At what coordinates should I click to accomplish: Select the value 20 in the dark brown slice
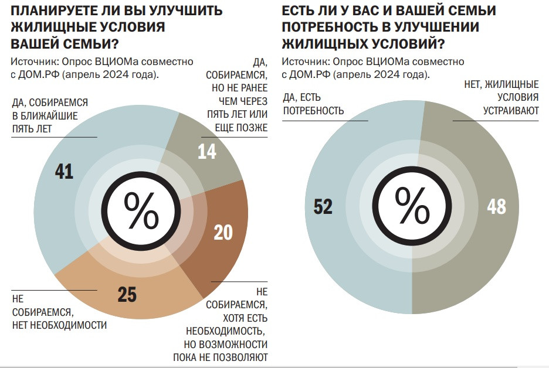pyautogui.click(x=223, y=233)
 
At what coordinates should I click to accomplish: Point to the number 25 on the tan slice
pyautogui.click(x=127, y=295)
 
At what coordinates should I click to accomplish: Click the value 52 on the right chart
pyautogui.click(x=323, y=207)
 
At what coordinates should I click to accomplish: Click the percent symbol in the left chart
pyautogui.click(x=141, y=211)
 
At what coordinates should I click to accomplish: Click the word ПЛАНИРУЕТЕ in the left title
pyautogui.click(x=57, y=11)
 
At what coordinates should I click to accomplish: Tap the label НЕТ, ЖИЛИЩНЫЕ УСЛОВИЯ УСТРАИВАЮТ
pyautogui.click(x=501, y=97)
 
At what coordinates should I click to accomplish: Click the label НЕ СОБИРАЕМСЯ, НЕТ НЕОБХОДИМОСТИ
pyautogui.click(x=59, y=312)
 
